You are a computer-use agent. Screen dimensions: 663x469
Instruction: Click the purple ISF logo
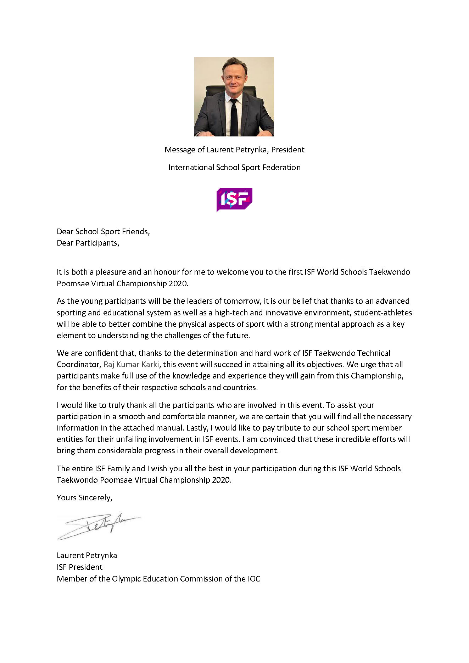pyautogui.click(x=234, y=200)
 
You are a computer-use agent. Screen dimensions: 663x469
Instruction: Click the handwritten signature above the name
pyautogui.click(x=99, y=526)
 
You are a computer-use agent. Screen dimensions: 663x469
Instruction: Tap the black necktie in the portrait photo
pyautogui.click(x=234, y=117)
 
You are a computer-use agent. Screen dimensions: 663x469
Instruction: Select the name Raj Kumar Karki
pyautogui.click(x=131, y=364)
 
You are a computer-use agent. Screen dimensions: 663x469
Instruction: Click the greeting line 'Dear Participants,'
pyautogui.click(x=88, y=243)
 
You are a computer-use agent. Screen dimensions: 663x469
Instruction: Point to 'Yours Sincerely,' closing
pyautogui.click(x=84, y=498)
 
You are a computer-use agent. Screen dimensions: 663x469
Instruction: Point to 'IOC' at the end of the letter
pyautogui.click(x=254, y=579)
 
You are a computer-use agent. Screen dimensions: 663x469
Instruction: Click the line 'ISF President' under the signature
pyautogui.click(x=79, y=567)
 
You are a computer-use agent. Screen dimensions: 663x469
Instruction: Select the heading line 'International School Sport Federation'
pyautogui.click(x=234, y=167)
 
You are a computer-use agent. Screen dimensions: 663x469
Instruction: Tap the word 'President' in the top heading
pyautogui.click(x=287, y=150)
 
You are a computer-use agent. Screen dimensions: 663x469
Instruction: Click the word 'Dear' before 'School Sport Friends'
pyautogui.click(x=65, y=231)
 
